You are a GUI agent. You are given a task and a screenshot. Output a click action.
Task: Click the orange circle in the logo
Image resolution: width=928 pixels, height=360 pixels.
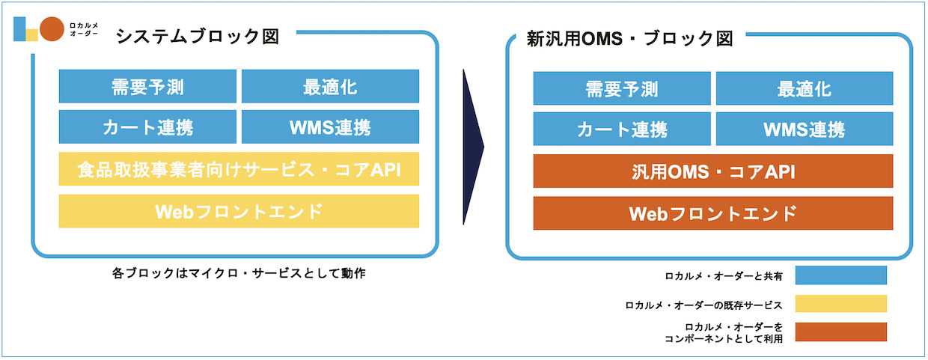tap(52, 29)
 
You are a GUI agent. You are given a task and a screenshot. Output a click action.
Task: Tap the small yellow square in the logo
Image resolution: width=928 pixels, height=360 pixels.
tap(32, 35)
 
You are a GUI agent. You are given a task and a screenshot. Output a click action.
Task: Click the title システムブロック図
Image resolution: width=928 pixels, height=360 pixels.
tap(198, 37)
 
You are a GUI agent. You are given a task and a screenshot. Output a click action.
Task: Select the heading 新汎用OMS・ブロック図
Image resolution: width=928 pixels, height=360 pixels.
tap(629, 39)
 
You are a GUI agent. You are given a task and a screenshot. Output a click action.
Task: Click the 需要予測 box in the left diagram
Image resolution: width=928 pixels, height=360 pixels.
tap(147, 86)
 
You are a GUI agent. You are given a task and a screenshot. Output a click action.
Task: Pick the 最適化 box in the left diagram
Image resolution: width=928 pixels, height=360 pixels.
tap(330, 86)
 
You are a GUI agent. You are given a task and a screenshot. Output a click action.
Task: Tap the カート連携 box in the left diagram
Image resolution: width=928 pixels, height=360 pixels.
tap(147, 126)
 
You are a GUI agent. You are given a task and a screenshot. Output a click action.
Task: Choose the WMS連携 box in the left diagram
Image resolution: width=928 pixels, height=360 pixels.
tap(330, 126)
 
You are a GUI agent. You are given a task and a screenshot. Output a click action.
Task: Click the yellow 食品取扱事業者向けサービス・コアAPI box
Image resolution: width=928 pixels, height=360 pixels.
tap(239, 169)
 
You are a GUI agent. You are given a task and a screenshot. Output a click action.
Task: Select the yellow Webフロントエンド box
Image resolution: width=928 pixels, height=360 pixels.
tap(239, 211)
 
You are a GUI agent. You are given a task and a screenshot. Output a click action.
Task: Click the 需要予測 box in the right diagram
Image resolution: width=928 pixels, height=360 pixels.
tap(622, 88)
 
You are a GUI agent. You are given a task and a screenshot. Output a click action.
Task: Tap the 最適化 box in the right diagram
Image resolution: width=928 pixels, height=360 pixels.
tap(805, 88)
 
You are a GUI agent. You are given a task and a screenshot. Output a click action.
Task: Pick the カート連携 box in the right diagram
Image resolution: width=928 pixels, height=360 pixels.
tap(622, 129)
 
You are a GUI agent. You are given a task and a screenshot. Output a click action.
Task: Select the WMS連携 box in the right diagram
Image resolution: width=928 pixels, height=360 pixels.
tap(805, 129)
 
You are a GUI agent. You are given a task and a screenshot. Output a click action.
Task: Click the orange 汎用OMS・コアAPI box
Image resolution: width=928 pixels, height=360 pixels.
tap(713, 171)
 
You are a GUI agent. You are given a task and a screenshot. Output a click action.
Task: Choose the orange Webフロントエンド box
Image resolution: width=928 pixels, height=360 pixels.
tap(713, 213)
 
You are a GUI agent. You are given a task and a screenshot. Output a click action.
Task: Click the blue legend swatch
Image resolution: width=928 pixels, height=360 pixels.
tap(841, 275)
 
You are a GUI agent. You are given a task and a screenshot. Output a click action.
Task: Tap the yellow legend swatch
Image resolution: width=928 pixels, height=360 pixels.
tap(841, 304)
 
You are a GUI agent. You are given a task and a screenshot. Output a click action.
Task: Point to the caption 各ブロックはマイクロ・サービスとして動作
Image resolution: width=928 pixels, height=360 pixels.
tap(239, 273)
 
